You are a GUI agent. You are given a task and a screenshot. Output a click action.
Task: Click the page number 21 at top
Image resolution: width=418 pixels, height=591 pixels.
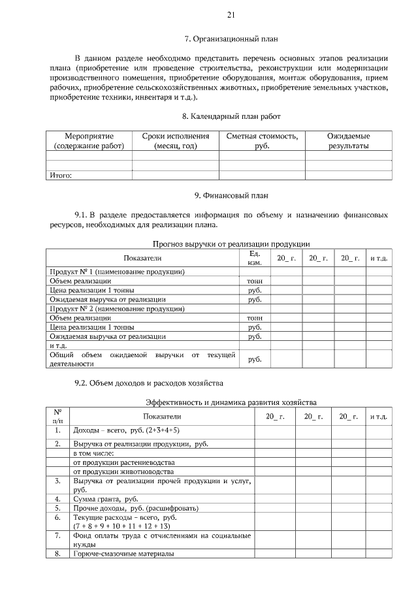pyautogui.click(x=231, y=15)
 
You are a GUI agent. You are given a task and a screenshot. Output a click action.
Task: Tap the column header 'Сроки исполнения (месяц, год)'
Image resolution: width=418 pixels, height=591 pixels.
pyautogui.click(x=175, y=141)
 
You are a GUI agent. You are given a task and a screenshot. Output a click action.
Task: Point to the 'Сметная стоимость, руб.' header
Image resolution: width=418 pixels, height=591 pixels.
pyautogui.click(x=262, y=141)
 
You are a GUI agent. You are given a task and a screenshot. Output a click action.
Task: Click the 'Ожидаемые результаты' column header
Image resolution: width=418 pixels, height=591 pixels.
pyautogui.click(x=348, y=141)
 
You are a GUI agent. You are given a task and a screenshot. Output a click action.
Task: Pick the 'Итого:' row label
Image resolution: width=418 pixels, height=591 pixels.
pyautogui.click(x=61, y=175)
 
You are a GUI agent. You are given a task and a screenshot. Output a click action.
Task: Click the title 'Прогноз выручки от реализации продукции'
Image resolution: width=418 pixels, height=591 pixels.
pyautogui.click(x=231, y=244)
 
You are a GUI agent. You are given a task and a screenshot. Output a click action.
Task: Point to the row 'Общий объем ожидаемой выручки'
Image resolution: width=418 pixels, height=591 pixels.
pyautogui.click(x=142, y=359)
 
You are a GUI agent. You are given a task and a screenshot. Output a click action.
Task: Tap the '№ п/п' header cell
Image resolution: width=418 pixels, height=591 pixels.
pyautogui.click(x=57, y=416)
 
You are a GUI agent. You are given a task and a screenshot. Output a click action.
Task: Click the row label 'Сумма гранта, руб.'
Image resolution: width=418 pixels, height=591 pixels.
pyautogui.click(x=101, y=498)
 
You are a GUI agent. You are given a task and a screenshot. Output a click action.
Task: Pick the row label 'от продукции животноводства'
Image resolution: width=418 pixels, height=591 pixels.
pyautogui.click(x=123, y=471)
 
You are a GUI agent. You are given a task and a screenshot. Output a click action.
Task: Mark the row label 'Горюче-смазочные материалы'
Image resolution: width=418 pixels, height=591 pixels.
pyautogui.click(x=123, y=554)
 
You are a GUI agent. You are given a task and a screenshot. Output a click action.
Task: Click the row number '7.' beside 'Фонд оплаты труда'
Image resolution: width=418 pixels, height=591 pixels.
pyautogui.click(x=57, y=535)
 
